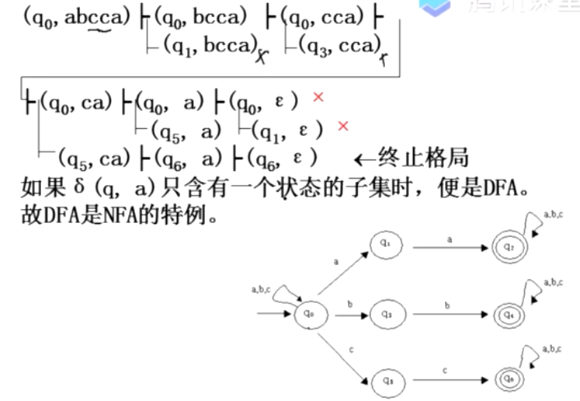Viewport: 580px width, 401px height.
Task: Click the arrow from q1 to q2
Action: (450, 247)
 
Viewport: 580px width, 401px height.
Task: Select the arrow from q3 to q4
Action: (450, 315)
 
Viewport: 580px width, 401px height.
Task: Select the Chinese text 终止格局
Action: (422, 159)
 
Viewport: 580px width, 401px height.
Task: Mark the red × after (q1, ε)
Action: (342, 126)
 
